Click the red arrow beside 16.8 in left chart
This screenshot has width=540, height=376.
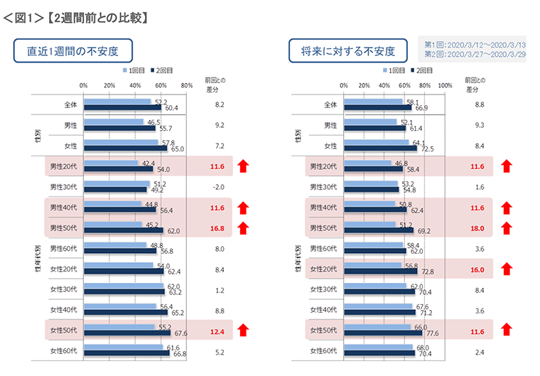click(x=243, y=229)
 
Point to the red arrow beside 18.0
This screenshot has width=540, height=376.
click(x=507, y=229)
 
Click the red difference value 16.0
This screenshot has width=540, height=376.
click(x=477, y=269)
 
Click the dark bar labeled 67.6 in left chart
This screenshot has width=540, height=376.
click(x=126, y=333)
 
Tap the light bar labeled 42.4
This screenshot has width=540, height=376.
click(x=111, y=163)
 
